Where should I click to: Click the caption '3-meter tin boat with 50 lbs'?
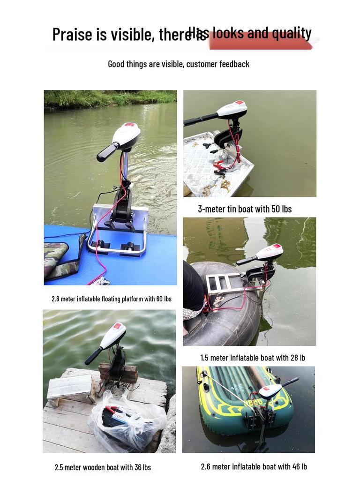(x=245, y=209)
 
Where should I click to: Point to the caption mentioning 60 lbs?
(x=112, y=299)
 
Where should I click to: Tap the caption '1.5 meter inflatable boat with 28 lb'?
(x=253, y=358)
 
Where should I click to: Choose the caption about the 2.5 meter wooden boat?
(x=103, y=467)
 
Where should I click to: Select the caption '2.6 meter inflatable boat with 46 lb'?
(x=254, y=466)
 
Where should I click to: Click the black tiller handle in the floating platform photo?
(x=107, y=152)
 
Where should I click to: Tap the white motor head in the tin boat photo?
(x=232, y=109)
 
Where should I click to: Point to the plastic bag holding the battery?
(x=127, y=420)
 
